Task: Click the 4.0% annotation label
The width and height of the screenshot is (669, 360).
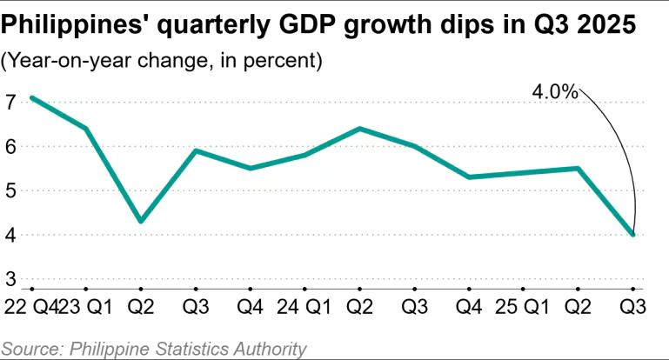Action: click(x=556, y=91)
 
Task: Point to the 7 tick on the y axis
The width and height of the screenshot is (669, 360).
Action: click(x=10, y=103)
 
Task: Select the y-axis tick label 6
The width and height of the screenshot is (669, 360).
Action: click(x=10, y=147)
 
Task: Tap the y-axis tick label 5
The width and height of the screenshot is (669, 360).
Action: click(x=10, y=191)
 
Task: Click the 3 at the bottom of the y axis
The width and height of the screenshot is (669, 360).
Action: click(x=10, y=279)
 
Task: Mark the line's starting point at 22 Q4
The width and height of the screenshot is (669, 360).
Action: click(x=31, y=97)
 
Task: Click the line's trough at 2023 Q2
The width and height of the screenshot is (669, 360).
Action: click(x=141, y=222)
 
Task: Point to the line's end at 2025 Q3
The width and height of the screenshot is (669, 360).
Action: click(x=633, y=235)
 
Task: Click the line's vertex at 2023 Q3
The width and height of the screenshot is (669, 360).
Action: click(x=196, y=150)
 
